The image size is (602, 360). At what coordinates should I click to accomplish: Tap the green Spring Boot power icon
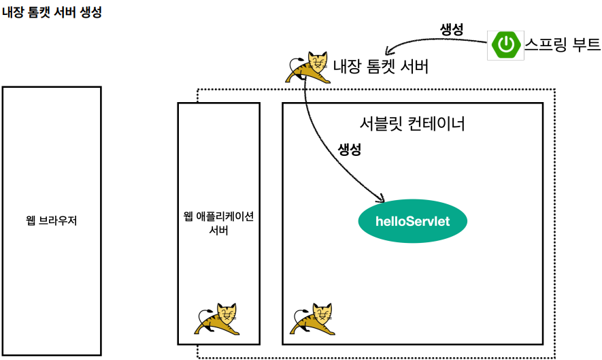click(x=505, y=46)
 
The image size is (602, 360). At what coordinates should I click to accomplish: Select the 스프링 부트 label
click(x=563, y=46)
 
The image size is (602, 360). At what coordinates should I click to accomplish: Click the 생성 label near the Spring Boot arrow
click(x=452, y=29)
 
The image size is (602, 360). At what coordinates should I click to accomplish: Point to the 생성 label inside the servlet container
click(x=349, y=150)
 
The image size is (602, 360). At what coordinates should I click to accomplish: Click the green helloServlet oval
click(x=413, y=221)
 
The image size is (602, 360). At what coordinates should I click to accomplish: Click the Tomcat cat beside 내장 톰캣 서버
click(x=310, y=67)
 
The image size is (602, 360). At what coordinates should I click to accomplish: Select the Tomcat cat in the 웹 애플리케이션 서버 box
click(x=218, y=319)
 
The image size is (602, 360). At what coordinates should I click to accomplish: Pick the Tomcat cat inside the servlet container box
click(x=314, y=319)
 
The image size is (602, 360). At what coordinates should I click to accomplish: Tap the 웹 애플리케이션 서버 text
click(x=218, y=223)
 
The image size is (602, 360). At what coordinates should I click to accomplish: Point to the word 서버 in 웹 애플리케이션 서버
click(x=218, y=231)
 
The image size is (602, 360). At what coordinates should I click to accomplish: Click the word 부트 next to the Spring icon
click(x=586, y=46)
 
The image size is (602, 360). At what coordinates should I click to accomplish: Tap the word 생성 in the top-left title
click(x=90, y=13)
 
